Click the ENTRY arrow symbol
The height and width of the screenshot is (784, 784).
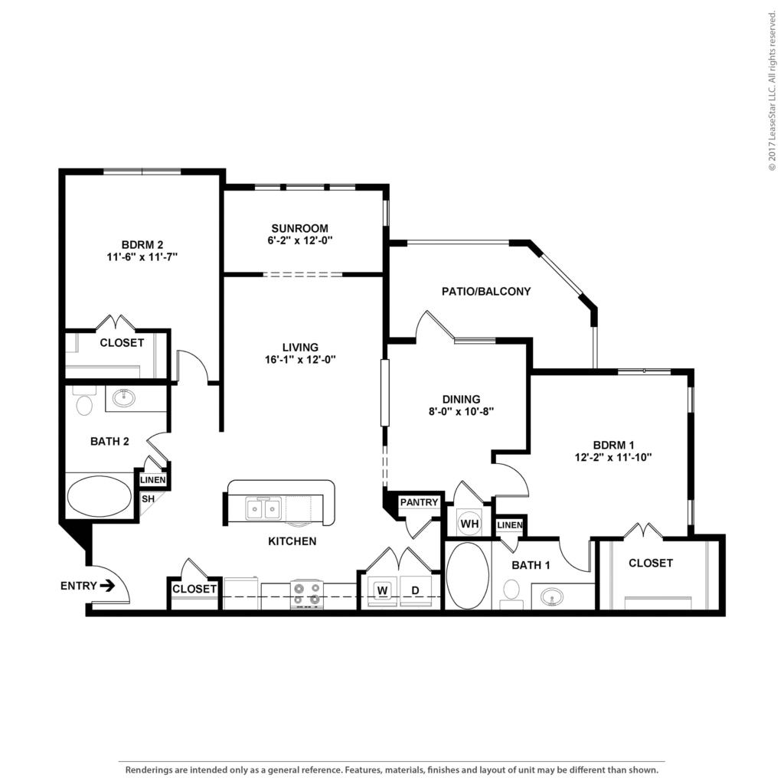(107, 586)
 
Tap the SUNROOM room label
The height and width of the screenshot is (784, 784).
(300, 228)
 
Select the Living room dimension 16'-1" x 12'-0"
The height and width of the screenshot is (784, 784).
(300, 360)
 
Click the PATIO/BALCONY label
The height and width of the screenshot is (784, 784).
(486, 292)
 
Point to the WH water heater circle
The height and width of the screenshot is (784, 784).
(469, 524)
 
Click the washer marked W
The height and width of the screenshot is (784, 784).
(383, 590)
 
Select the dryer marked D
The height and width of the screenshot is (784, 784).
(415, 590)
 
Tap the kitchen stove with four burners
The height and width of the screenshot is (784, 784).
(306, 594)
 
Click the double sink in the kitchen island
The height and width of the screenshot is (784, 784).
(263, 509)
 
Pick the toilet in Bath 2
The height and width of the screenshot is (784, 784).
(84, 401)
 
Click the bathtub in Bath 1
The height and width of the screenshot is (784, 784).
(468, 576)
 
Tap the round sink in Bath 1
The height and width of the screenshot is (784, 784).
(551, 596)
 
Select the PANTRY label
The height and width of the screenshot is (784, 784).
(419, 502)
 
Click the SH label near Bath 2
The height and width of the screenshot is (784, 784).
(148, 499)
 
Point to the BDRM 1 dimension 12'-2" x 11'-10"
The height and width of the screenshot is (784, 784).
(613, 457)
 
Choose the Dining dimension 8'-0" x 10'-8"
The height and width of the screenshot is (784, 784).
(461, 411)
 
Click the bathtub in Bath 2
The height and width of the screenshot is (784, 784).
(99, 497)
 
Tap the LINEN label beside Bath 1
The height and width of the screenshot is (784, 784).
(509, 525)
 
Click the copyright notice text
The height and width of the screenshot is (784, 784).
(772, 91)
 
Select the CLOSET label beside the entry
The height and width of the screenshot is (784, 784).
(194, 589)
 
